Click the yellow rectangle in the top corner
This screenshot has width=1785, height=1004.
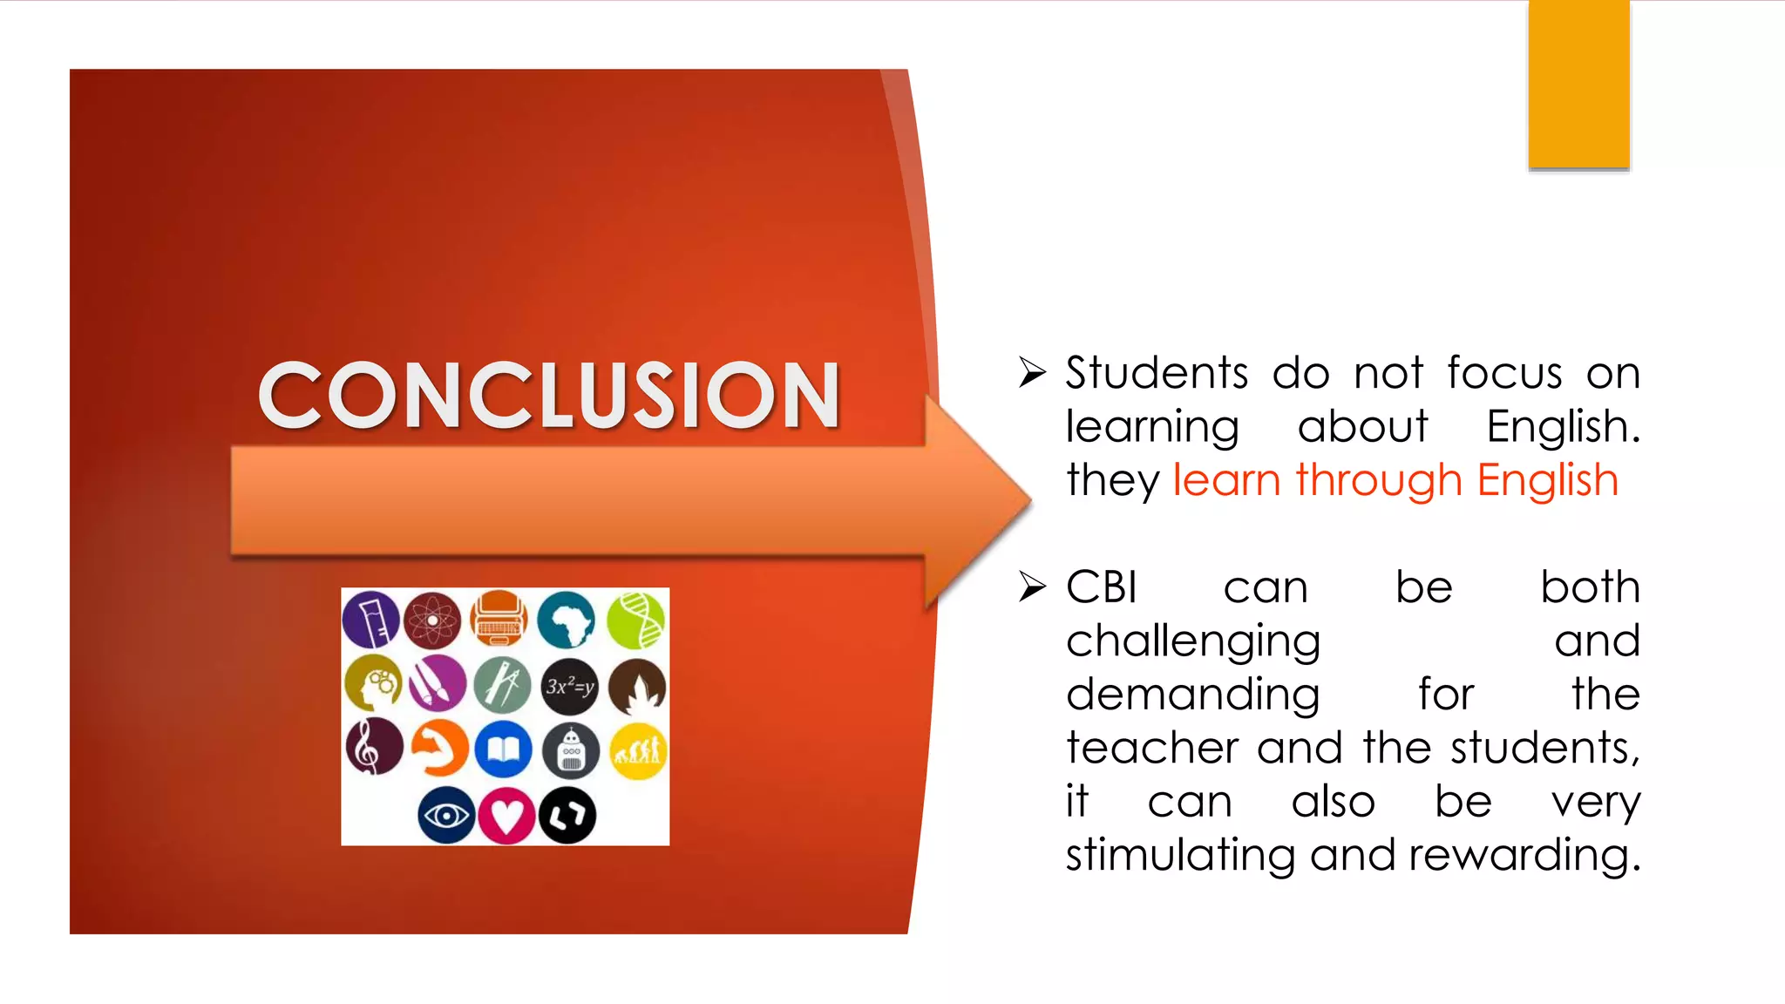coord(1578,84)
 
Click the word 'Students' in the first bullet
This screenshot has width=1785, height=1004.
coord(1157,373)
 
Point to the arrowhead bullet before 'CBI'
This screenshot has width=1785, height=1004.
coord(1032,587)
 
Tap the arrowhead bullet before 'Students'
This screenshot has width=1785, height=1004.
coord(1032,373)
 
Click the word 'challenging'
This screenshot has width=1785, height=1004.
coord(1192,642)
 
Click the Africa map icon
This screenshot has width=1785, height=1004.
coord(567,621)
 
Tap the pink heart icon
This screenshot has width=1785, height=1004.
coord(506,816)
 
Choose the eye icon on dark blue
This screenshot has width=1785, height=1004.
coord(445,816)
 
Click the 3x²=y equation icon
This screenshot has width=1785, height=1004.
coord(570,687)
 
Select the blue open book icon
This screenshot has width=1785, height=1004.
coord(504,750)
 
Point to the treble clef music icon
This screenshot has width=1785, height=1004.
coord(373,748)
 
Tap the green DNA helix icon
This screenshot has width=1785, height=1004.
coord(635,621)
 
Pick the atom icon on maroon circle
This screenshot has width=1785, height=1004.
coord(432,621)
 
